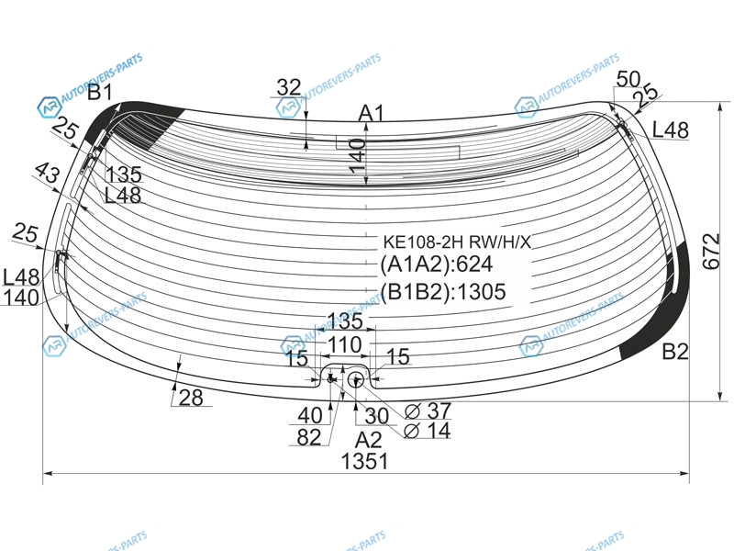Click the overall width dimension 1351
364,462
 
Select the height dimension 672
711,251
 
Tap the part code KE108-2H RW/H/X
457,242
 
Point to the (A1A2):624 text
437,264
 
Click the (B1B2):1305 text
443,291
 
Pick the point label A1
372,113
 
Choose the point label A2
368,440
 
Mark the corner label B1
100,93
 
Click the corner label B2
675,352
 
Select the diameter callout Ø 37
428,411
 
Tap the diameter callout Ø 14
428,430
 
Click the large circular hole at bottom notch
356,379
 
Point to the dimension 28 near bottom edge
191,399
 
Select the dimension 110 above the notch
345,345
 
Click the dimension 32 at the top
289,87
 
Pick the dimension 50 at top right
628,79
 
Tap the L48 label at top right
671,129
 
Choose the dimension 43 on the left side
48,173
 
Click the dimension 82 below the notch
309,437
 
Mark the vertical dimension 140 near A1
357,155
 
